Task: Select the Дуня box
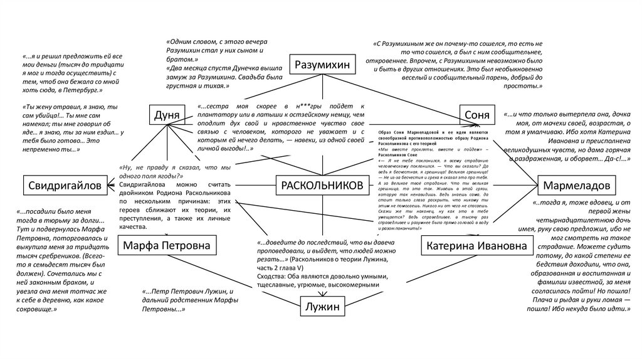167,115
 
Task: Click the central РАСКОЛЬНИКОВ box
320,186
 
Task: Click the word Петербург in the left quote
91,90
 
